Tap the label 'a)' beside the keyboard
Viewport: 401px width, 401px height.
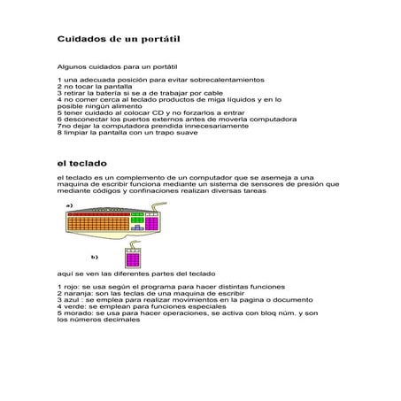[x=69, y=204]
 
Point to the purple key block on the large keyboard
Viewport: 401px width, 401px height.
[x=150, y=223]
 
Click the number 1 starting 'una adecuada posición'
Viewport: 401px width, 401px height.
[x=58, y=80]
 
